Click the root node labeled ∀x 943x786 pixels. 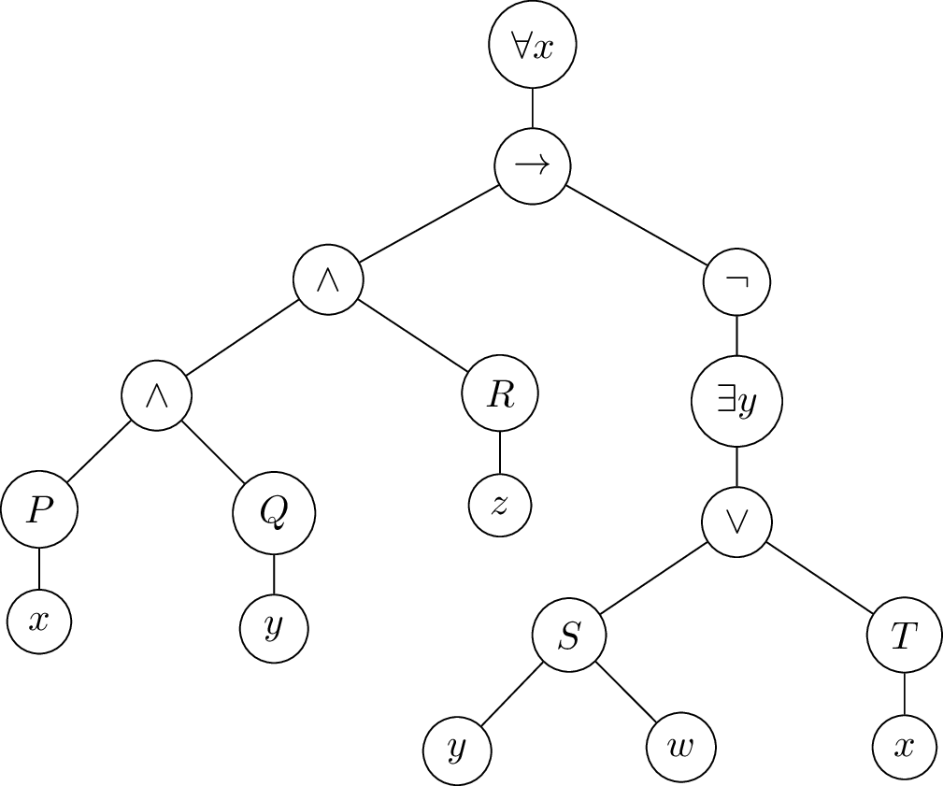tap(533, 46)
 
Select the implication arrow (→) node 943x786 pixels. tap(533, 166)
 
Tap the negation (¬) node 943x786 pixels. tap(736, 280)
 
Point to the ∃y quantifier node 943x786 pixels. tap(736, 403)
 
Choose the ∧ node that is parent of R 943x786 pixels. tap(327, 280)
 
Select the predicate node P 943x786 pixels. tap(38, 512)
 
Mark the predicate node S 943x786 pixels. tap(569, 636)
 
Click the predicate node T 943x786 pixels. tap(904, 636)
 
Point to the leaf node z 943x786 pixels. tap(500, 507)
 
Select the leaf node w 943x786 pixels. tap(681, 750)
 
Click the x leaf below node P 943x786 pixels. tap(38, 621)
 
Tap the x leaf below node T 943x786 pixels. tap(904, 748)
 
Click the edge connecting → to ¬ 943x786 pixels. tap(636, 223)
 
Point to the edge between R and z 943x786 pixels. tap(500, 452)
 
